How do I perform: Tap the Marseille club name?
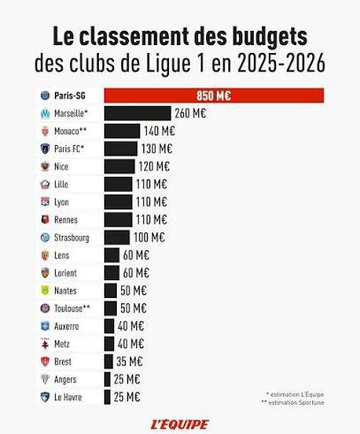pyautogui.click(x=73, y=113)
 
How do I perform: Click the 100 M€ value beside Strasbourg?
pyautogui.click(x=149, y=237)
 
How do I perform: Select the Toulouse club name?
pyautogui.click(x=73, y=308)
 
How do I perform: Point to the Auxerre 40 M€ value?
pyautogui.click(x=131, y=325)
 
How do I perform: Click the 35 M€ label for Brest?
pyautogui.click(x=129, y=362)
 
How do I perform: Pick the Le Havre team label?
pyautogui.click(x=68, y=397)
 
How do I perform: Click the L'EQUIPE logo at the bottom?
pyautogui.click(x=180, y=423)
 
